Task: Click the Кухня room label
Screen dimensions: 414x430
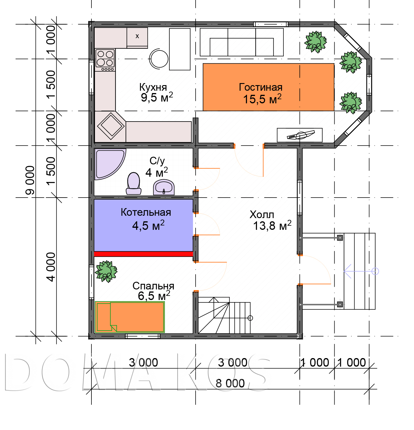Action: point(153,87)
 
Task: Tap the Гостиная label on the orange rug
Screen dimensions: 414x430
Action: point(260,87)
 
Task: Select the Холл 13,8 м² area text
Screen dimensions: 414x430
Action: point(272,226)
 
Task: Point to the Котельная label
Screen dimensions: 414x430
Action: point(146,212)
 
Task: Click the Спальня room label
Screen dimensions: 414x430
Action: point(153,286)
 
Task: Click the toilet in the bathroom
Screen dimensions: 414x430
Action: point(133,183)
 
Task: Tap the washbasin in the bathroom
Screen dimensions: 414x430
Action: point(163,187)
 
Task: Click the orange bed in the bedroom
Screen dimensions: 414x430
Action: point(129,317)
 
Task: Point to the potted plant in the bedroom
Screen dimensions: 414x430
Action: point(106,271)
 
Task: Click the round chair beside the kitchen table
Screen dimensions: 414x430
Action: point(158,59)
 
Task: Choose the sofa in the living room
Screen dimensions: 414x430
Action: point(241,42)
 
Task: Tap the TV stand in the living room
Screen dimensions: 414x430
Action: point(300,135)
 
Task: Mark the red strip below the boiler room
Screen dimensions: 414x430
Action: point(143,254)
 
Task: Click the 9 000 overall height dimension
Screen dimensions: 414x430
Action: point(30,180)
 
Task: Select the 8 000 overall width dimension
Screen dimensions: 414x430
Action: point(230,383)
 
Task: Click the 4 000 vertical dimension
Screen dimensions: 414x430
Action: point(51,267)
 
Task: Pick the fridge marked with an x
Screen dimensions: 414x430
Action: point(137,38)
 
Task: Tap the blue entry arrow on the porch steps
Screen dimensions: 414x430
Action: point(361,271)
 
